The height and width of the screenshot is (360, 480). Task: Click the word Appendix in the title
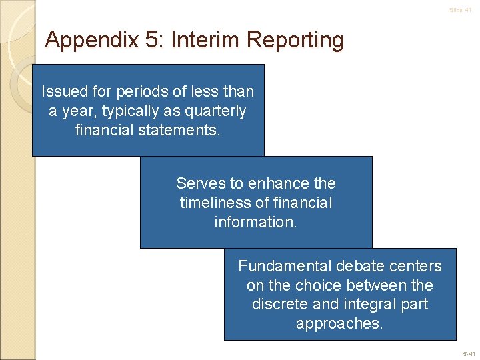91,41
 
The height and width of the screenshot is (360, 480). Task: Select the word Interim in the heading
205,40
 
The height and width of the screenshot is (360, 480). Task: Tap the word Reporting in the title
295,41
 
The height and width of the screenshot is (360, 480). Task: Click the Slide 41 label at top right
460,10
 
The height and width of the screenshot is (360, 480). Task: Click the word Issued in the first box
63,91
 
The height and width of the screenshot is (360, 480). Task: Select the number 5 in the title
153,40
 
